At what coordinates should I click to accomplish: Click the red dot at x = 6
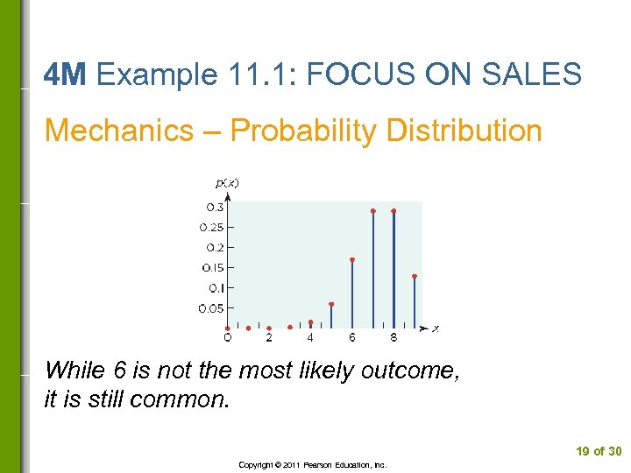pos(352,259)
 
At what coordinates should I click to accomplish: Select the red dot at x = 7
pos(373,211)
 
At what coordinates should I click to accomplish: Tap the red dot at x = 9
pos(415,277)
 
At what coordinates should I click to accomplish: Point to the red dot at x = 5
pos(331,304)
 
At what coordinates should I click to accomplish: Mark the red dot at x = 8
pos(393,211)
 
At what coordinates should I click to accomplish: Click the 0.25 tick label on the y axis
pos(211,228)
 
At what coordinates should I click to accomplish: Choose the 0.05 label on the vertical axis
pos(210,308)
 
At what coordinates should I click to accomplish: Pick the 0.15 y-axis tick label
pos(212,268)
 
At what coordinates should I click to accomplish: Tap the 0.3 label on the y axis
pos(214,208)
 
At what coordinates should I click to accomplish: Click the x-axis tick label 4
pos(310,337)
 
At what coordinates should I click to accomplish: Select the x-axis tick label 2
pos(269,337)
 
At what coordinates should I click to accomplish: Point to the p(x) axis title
pos(227,183)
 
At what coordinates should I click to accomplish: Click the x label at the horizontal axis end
pos(436,328)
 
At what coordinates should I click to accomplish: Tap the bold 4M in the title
pos(65,75)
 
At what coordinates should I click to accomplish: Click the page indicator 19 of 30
pos(598,451)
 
